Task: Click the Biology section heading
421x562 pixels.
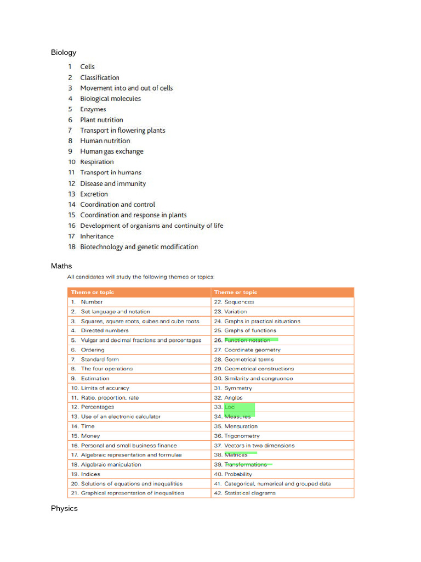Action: coord(64,53)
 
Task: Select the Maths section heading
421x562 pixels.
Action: coord(61,266)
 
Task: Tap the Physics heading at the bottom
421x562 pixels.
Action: coord(64,509)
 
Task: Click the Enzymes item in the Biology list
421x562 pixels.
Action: coord(93,109)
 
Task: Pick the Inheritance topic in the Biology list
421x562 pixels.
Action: coord(97,237)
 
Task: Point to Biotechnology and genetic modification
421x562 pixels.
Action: coord(139,247)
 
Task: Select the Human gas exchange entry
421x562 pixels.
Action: coord(112,151)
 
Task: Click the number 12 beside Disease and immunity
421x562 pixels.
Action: coord(72,184)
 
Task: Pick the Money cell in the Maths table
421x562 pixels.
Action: coord(90,436)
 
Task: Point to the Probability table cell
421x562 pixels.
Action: coord(238,474)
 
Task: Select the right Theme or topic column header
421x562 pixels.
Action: coord(236,293)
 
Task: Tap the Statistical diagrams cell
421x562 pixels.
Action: coord(250,493)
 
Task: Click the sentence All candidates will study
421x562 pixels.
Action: coord(141,277)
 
